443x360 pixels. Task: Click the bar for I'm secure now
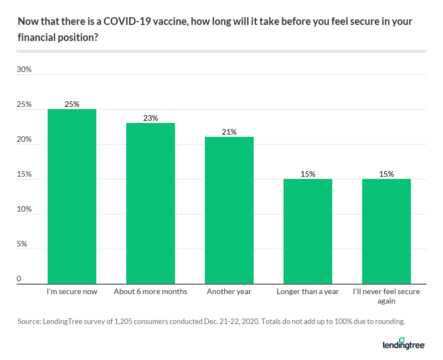coord(72,197)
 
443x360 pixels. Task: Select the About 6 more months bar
coord(151,203)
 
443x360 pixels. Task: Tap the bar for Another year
coord(229,210)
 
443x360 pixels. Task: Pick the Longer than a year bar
coord(308,232)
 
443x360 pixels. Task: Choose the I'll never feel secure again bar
coord(387,232)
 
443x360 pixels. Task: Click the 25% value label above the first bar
coord(72,104)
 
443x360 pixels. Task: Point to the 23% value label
coord(151,118)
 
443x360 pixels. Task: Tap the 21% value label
coord(229,132)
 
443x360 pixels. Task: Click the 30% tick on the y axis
coord(24,70)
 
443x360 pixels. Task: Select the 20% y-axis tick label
coord(24,140)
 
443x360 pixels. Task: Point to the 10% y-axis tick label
coord(24,210)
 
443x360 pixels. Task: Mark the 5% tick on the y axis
coord(22,245)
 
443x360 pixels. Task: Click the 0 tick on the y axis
coord(19,279)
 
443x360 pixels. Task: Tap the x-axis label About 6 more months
coord(151,291)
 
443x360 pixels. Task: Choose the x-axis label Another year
coord(229,291)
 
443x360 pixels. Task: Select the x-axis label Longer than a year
coord(308,291)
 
